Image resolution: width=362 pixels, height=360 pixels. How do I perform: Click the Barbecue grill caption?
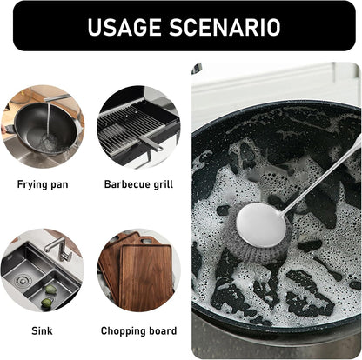point(138,185)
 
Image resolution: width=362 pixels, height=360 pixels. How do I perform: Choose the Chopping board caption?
point(138,331)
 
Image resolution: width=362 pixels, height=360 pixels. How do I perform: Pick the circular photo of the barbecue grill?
point(138,127)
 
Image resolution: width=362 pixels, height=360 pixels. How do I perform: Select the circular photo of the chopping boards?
point(138,270)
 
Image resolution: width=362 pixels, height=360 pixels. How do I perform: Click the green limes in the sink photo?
point(50,290)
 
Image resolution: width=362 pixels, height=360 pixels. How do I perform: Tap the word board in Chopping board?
point(163,331)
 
